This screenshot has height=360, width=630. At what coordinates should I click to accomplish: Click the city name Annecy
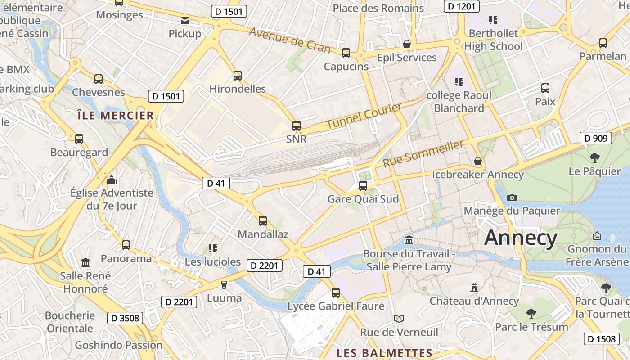coord(521,238)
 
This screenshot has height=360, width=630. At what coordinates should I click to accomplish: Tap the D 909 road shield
coord(596,138)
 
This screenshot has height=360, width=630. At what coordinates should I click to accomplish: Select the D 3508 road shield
coord(125,318)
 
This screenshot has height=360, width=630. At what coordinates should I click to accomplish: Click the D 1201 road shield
coord(461,6)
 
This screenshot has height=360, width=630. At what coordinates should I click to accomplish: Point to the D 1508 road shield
coord(602,339)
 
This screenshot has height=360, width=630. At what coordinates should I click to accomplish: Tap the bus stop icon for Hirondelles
coord(238,76)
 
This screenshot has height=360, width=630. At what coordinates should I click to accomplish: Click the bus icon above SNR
coord(296,126)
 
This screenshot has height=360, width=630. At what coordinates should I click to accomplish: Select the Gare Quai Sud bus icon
coord(363,185)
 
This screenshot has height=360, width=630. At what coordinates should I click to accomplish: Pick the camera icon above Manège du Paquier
coord(512,198)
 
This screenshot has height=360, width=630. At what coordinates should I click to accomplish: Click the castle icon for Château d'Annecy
coord(474,287)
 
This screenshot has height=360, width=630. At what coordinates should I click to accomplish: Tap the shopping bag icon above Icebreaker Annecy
coord(477,161)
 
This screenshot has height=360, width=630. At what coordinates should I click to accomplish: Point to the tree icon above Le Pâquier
coord(594,158)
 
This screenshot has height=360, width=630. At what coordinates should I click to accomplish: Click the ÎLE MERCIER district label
coord(116,116)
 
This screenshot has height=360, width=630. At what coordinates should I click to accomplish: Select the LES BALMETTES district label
coord(384,353)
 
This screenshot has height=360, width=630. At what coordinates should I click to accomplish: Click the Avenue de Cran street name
coord(289,40)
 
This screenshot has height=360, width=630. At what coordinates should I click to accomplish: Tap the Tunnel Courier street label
coord(364,116)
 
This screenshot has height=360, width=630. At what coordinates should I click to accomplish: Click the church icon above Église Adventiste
coord(112,180)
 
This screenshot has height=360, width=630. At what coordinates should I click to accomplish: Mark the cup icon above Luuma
coord(224,284)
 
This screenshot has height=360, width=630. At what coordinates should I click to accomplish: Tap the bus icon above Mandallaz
coord(263,221)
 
